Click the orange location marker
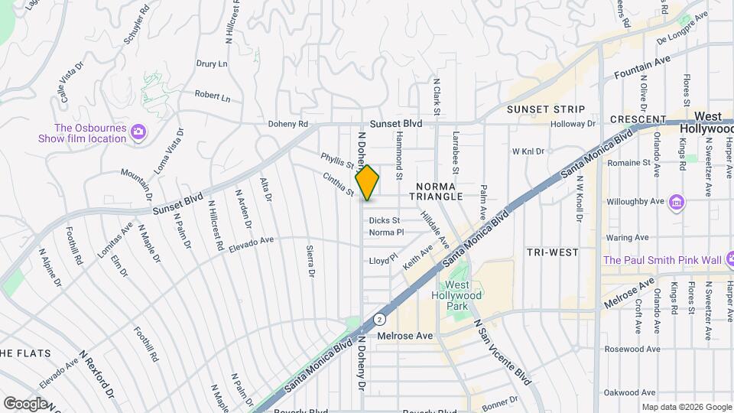click(x=367, y=183)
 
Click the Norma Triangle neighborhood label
click(x=440, y=191)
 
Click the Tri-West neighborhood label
click(x=552, y=252)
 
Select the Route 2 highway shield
click(x=378, y=317)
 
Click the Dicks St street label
click(x=385, y=220)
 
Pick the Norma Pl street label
click(x=386, y=233)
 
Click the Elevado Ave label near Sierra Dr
click(x=252, y=244)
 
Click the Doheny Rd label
click(x=287, y=124)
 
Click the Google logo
click(x=25, y=403)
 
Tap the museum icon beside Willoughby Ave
click(x=676, y=203)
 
